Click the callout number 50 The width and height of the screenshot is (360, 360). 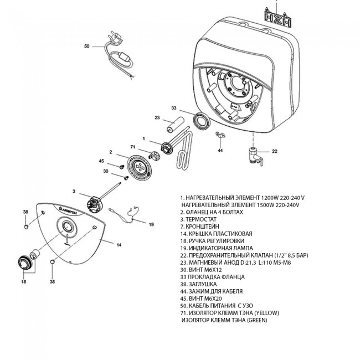[x=86, y=47]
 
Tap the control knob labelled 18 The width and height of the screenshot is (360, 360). [x=25, y=260]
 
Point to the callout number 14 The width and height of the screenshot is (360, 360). [x=119, y=244]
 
